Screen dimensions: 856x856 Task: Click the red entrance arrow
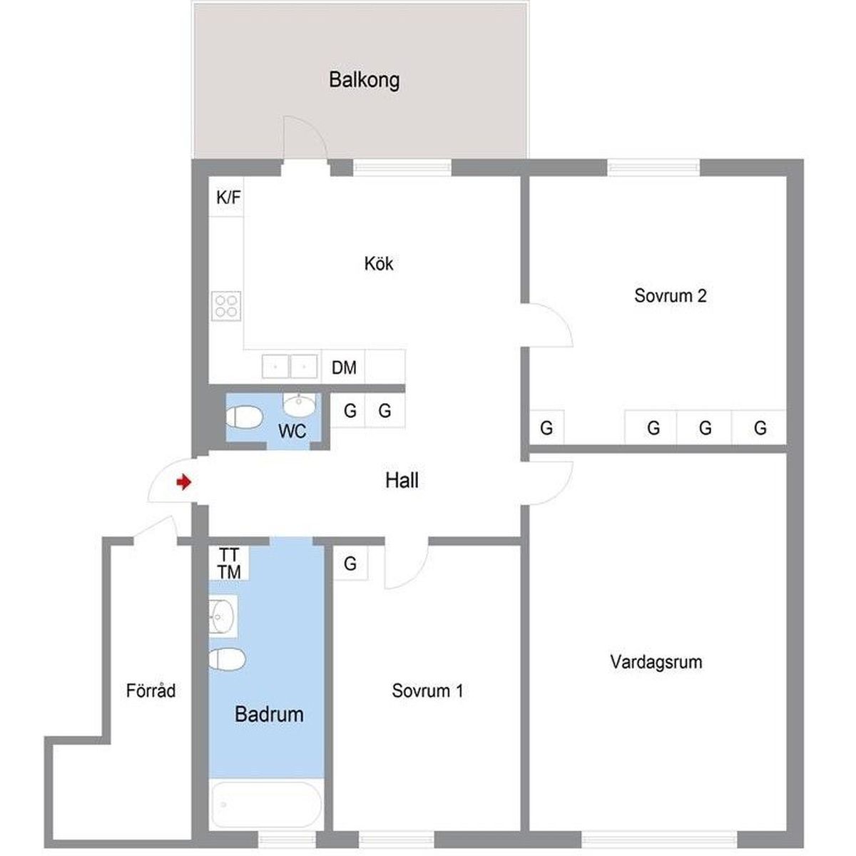click(183, 482)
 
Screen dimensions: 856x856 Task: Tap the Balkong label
click(365, 81)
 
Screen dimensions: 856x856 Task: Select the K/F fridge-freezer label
click(228, 198)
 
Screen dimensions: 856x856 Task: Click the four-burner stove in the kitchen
click(226, 306)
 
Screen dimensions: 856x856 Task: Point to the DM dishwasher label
click(344, 368)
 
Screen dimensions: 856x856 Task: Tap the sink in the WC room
click(299, 404)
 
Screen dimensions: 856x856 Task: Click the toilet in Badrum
click(227, 659)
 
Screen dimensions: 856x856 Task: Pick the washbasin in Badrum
click(223, 616)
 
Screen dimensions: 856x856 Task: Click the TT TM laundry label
click(229, 564)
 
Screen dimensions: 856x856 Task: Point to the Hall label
click(402, 481)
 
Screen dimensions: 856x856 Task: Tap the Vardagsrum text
click(656, 662)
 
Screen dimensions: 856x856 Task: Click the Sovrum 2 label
click(670, 295)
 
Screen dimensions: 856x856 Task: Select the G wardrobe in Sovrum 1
click(350, 564)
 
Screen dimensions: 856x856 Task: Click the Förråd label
click(151, 691)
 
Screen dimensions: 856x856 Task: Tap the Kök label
click(379, 263)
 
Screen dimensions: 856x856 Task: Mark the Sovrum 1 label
click(427, 691)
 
